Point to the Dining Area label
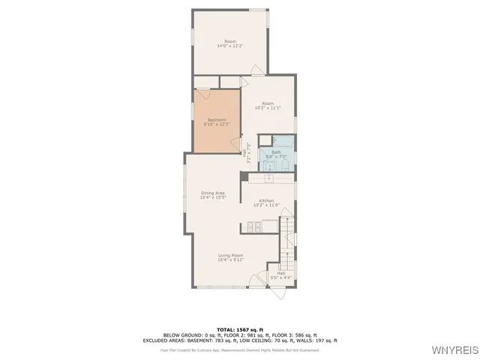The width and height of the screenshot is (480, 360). pos(213,195)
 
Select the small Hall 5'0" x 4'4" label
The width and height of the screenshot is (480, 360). pos(280,276)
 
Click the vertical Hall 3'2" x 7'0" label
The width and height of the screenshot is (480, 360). pos(247,152)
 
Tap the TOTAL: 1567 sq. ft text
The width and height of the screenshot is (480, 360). pos(240,329)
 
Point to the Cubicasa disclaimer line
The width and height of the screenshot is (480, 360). pos(240,349)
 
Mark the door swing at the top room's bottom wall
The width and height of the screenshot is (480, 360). pos(256,72)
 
